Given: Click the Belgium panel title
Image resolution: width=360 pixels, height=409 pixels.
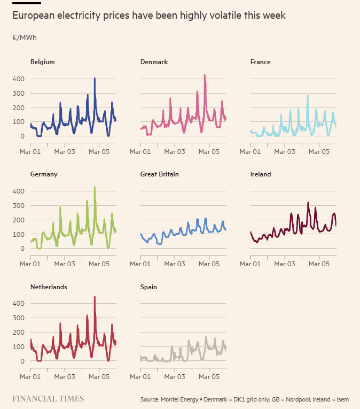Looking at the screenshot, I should coord(42,62).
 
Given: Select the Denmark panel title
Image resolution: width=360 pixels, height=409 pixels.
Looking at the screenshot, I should coord(154,62).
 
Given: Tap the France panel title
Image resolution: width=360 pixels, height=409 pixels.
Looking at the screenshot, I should coord(260,62).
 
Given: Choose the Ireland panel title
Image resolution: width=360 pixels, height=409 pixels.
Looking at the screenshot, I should coord(261,174).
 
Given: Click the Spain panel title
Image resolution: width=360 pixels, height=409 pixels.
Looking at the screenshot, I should coord(148,287).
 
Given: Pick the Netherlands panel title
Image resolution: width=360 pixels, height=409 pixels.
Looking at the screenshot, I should coord(49,287).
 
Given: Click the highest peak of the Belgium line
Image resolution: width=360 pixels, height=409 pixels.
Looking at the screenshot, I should coord(95,78).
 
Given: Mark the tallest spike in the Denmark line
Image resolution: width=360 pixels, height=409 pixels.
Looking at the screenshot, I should coord(205,75).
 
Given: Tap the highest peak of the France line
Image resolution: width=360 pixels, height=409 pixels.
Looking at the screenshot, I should coord(308,95).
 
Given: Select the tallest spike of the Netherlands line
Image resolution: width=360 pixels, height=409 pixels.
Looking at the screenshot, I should coord(95,297).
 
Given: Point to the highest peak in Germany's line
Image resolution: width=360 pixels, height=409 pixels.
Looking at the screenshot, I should coord(95,187).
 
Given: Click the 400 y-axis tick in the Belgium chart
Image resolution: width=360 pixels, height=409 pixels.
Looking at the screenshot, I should coord(19,79).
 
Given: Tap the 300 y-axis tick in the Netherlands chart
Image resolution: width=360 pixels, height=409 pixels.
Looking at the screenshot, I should coord(19,318).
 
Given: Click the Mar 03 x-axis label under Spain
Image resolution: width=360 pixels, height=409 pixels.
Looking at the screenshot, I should coord(175,377).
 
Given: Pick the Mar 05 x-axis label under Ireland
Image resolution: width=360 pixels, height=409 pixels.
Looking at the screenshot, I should coord(319,264).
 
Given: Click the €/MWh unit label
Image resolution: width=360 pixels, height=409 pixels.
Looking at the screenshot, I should coord(25,38).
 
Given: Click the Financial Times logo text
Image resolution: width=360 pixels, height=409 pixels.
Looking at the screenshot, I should coord(48,399).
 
